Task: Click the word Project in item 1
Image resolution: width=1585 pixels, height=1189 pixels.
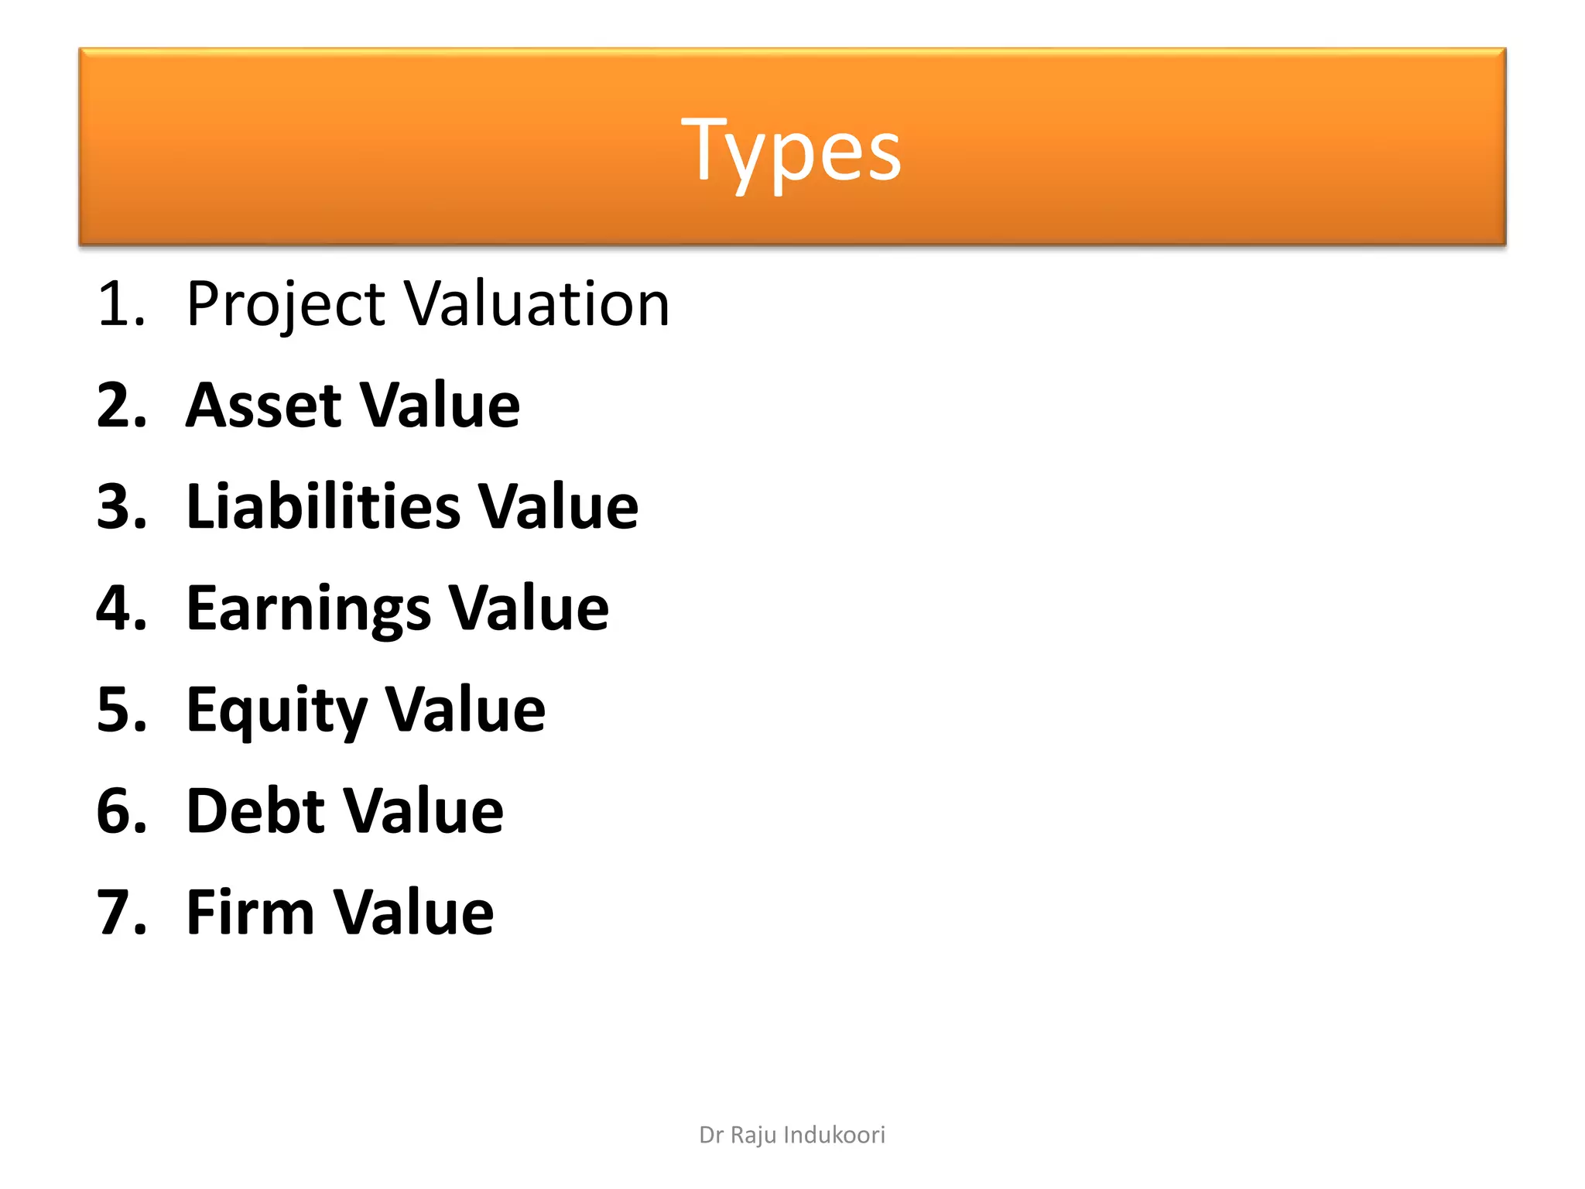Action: [286, 304]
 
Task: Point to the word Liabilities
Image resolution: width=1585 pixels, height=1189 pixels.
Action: [324, 506]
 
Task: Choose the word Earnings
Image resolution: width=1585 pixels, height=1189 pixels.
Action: [309, 609]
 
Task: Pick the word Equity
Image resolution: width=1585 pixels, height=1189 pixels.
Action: [277, 711]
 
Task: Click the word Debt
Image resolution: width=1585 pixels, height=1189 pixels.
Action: [256, 810]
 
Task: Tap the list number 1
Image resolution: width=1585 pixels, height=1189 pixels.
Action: [120, 303]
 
